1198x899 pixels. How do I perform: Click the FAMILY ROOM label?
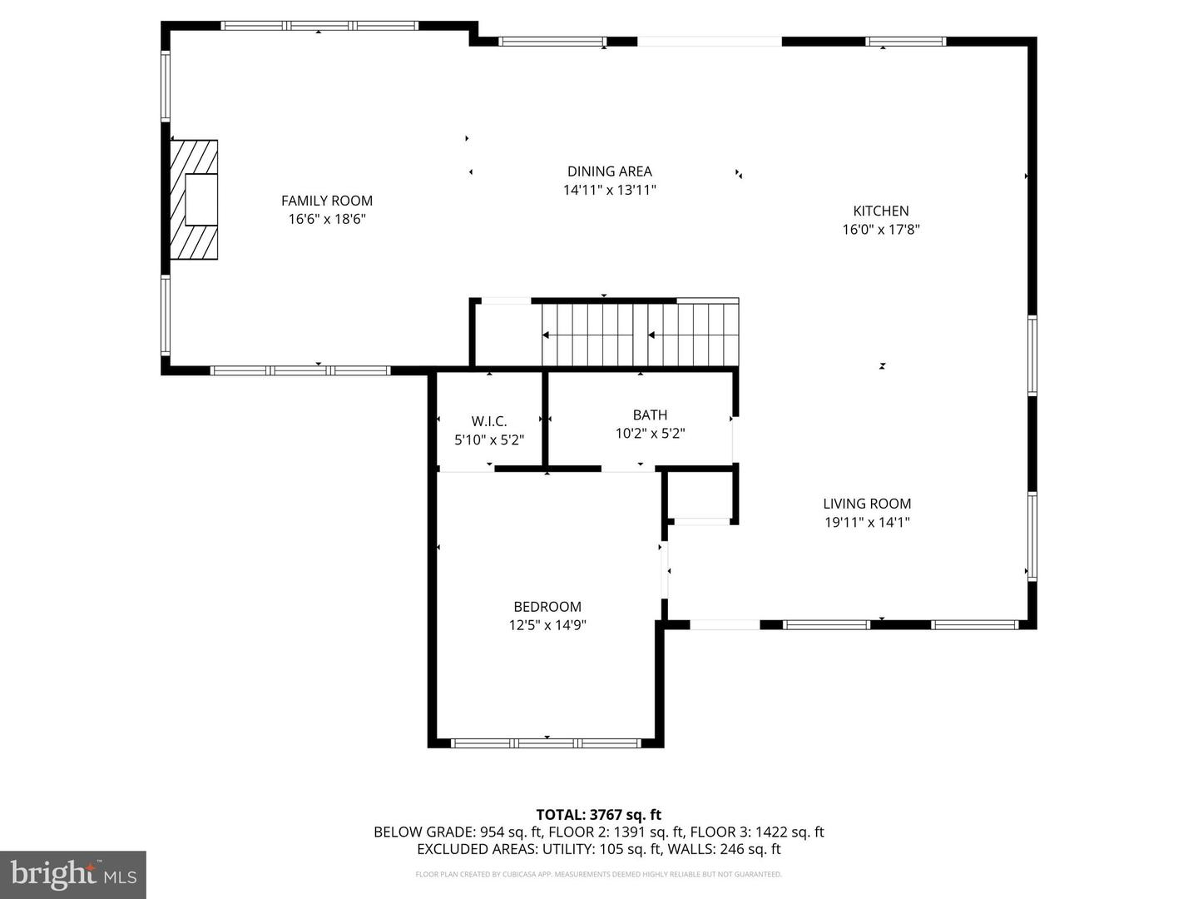coord(326,201)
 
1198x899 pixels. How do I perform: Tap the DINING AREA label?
coord(609,171)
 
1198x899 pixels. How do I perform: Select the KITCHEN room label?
coord(880,211)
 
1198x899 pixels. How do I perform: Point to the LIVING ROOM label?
coord(866,504)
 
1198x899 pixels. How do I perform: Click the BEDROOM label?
coord(547,607)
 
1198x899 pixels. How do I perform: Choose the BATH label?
coord(650,415)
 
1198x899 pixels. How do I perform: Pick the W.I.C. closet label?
coord(488,421)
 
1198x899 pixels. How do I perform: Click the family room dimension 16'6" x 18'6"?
coord(326,219)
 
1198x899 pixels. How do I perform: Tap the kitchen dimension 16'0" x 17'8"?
coord(880,230)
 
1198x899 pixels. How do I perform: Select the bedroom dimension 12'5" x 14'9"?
coord(547,625)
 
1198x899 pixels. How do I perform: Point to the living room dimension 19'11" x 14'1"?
coord(866,522)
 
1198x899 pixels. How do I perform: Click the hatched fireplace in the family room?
coord(194,200)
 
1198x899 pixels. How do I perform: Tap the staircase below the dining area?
coord(640,335)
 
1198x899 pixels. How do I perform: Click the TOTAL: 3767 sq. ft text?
coord(598,815)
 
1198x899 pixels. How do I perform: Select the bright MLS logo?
coord(73,874)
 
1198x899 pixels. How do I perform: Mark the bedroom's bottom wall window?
coord(546,743)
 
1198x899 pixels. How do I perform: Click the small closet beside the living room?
coord(700,496)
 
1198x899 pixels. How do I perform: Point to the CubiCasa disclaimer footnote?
coord(598,874)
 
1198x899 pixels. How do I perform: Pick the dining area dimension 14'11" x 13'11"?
coord(609,190)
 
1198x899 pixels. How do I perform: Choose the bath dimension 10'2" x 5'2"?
coord(650,433)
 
